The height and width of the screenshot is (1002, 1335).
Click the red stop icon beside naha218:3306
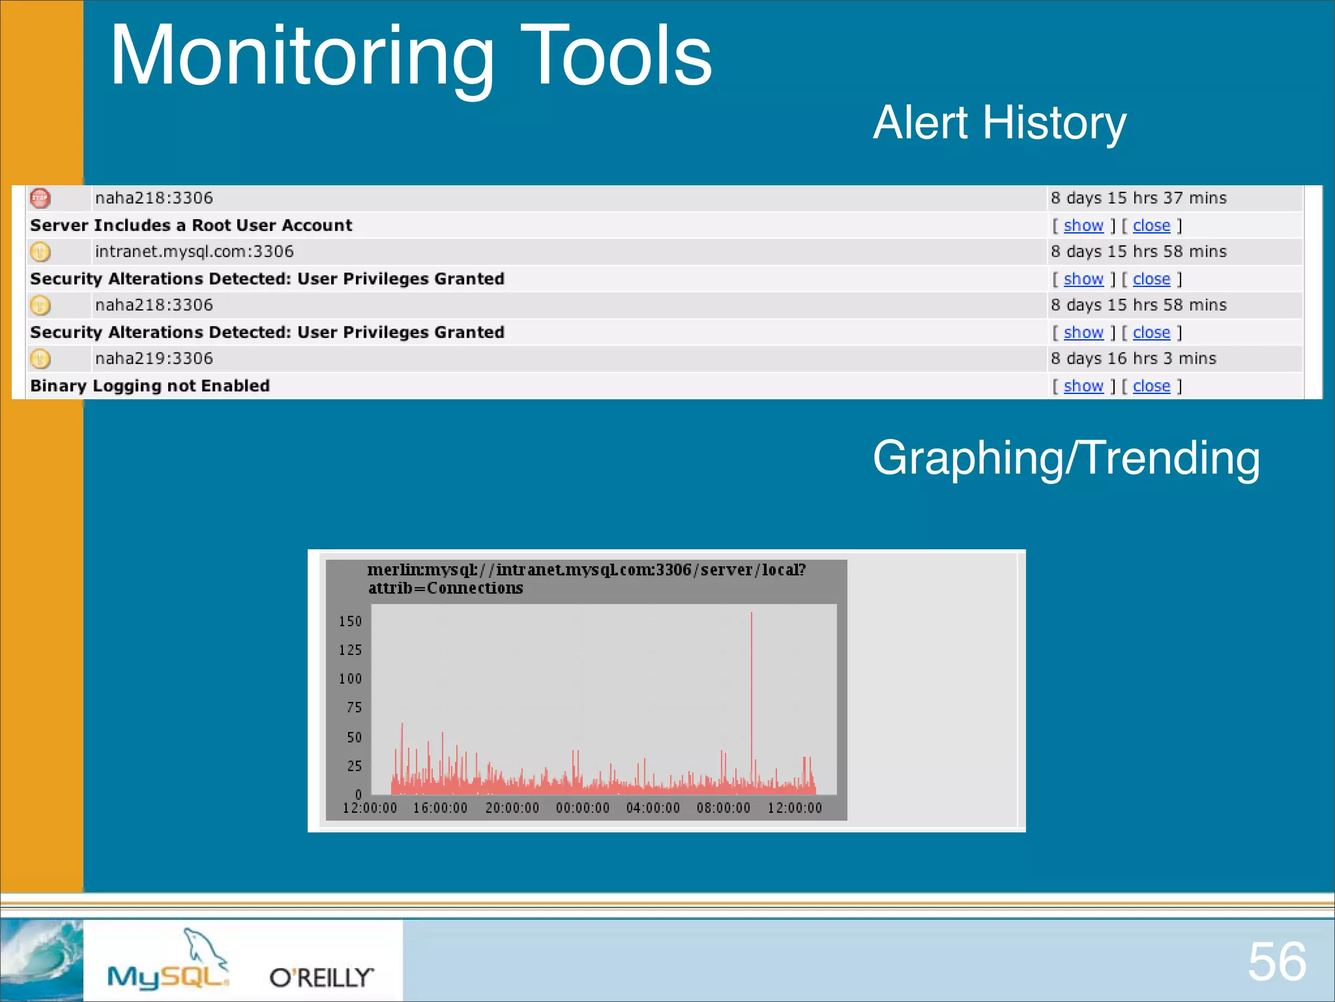click(40, 198)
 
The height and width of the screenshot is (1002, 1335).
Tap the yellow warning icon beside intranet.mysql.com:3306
click(40, 251)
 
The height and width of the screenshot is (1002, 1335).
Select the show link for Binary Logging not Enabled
click(1083, 386)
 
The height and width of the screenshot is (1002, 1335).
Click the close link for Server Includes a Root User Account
click(1151, 226)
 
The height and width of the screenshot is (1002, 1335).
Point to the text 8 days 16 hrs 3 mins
click(1134, 358)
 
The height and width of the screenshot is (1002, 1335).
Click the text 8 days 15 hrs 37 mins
click(1139, 198)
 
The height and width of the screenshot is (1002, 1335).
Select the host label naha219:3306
click(154, 358)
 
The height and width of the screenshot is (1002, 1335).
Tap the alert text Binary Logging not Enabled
click(150, 386)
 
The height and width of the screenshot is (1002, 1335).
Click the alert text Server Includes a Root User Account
click(191, 225)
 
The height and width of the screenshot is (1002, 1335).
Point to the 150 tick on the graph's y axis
click(350, 621)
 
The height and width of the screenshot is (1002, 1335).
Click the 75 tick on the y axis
click(354, 708)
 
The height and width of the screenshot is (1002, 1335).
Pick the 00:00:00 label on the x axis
click(583, 808)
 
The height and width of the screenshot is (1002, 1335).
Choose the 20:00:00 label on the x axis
click(512, 808)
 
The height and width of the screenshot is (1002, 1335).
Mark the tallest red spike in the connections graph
click(752, 701)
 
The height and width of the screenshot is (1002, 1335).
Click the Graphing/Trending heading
click(1066, 458)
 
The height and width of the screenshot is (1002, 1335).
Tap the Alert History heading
click(1000, 123)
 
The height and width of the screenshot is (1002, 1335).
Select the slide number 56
click(1277, 962)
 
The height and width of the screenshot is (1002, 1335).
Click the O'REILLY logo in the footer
click(322, 977)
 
